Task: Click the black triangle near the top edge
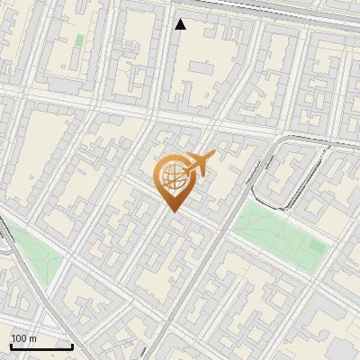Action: [x=180, y=24]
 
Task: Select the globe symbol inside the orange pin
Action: [x=173, y=175]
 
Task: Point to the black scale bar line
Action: [x=41, y=346]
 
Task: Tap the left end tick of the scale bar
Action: [x=11, y=345]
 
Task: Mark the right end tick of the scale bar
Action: [x=72, y=345]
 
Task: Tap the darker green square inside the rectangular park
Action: [x=317, y=244]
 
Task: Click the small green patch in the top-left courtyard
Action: [x=80, y=40]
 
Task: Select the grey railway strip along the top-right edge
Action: [x=297, y=11]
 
